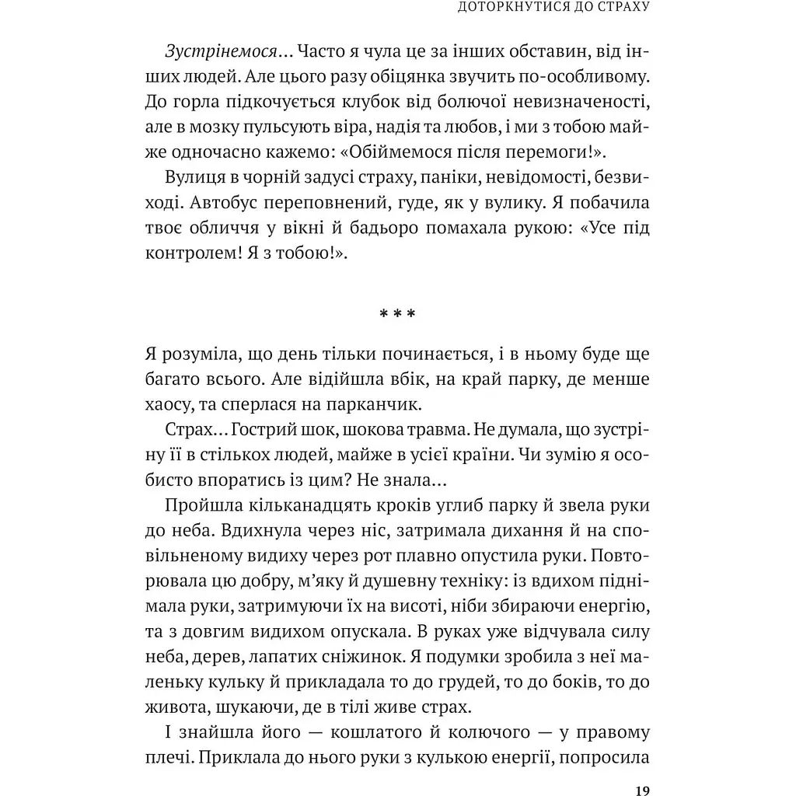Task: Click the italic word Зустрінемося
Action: (x=222, y=51)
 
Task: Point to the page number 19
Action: (x=641, y=791)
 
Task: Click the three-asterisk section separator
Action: (x=397, y=314)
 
